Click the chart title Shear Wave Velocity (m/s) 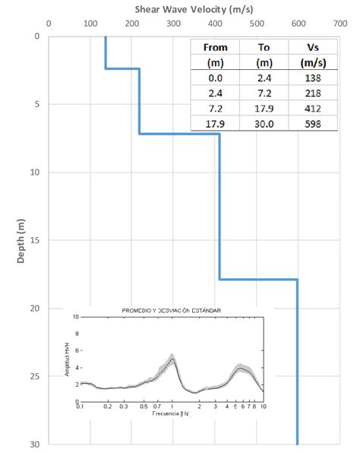[x=194, y=8]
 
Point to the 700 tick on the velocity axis [x=339, y=24]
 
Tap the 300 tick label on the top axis [x=173, y=24]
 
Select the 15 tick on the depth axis [x=37, y=240]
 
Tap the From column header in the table [x=215, y=47]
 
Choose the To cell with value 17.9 [x=264, y=108]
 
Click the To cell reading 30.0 [x=264, y=123]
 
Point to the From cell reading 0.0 [x=215, y=78]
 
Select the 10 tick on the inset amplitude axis [x=74, y=317]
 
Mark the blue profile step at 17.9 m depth [x=258, y=279]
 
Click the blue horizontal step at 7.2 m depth [x=179, y=134]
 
